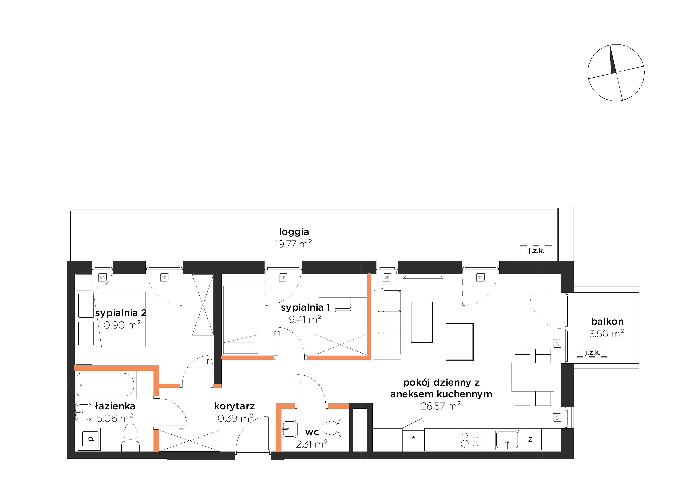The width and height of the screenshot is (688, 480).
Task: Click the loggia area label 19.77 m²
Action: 293,244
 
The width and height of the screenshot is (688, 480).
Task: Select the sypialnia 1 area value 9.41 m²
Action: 305,319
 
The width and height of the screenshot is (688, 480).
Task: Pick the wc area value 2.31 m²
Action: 312,444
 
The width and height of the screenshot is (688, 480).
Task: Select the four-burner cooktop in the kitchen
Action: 470,440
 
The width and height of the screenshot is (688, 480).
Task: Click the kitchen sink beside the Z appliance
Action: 507,440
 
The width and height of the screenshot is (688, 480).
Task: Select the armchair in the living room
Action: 460,342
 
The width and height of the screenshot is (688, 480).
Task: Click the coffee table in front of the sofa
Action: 422,322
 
